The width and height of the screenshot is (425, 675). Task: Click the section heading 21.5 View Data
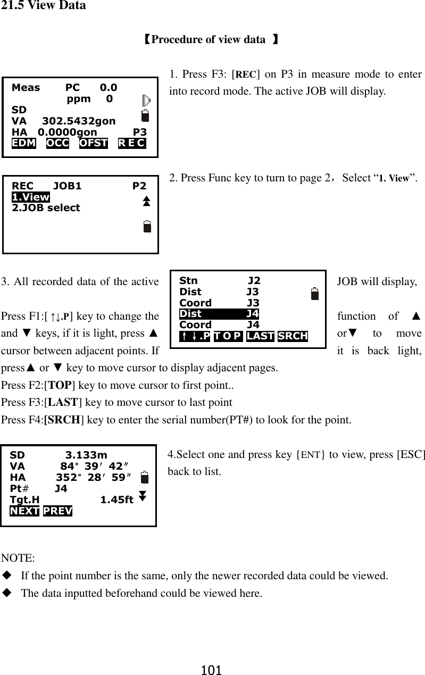point(43,6)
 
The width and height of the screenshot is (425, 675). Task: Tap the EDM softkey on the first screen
point(24,143)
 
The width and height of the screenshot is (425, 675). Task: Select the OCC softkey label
point(57,143)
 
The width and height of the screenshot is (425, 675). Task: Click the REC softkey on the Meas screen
point(131,143)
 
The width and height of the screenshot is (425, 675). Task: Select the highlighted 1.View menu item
point(30,197)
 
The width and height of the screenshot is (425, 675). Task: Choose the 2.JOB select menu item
point(46,207)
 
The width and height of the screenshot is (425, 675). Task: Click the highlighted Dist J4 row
point(219,314)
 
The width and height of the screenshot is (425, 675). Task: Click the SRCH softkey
point(293,336)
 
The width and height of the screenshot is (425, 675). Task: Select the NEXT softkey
point(24,511)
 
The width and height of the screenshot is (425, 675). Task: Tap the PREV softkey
point(57,511)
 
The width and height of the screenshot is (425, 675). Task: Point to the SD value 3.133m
point(86,455)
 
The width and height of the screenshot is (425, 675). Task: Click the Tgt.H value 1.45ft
point(116,499)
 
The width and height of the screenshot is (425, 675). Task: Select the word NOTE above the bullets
point(19,558)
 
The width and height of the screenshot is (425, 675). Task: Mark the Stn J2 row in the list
point(219,281)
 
